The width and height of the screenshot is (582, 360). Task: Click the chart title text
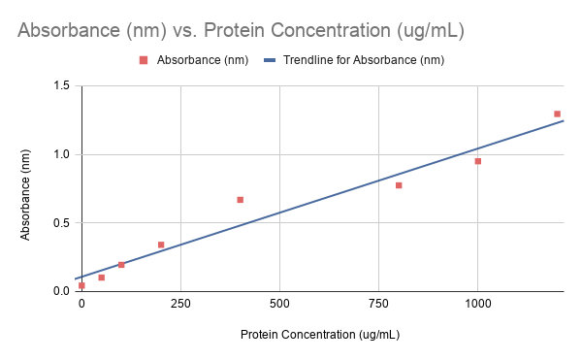pos(241,30)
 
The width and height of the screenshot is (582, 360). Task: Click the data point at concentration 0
pos(81,285)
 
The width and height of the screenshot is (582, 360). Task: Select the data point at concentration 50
pos(101,278)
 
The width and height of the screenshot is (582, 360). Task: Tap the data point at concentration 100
pos(121,265)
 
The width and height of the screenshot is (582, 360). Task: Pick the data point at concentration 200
pos(161,245)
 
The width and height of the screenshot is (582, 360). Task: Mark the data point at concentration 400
pos(240,200)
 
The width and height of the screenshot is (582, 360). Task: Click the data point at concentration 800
pos(399,185)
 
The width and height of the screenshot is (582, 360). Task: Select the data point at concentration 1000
pos(478,161)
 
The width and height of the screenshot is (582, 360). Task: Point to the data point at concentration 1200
pos(557,114)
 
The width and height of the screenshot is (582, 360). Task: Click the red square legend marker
pos(143,60)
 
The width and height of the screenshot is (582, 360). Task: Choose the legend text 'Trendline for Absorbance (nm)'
pos(363,60)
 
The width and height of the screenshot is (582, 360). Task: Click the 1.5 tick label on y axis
pos(61,86)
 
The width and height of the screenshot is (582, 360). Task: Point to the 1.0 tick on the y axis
pos(61,154)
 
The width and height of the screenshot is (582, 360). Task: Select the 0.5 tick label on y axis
pos(61,223)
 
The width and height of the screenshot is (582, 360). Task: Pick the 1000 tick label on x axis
pos(477,304)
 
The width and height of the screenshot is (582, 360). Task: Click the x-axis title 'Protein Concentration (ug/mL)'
pos(320,335)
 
